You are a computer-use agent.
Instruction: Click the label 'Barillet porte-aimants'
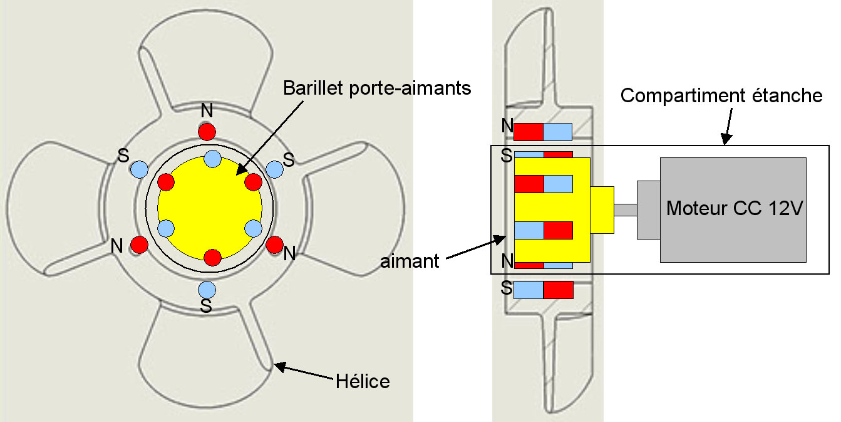tap(376, 88)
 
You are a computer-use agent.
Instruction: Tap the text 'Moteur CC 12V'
tap(733, 208)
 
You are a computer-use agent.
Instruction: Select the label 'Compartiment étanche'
tap(721, 96)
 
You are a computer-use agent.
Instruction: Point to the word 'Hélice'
tap(363, 381)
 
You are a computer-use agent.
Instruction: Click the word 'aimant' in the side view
tap(410, 261)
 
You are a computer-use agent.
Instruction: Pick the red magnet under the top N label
tap(207, 132)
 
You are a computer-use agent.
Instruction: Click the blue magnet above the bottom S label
tap(207, 290)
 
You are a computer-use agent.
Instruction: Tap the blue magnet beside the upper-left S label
tap(139, 169)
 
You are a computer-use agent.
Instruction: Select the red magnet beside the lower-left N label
tap(139, 244)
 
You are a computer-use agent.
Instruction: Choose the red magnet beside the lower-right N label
tap(274, 244)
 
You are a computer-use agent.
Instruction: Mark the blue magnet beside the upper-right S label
tap(274, 169)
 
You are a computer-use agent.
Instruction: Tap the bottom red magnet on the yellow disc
tap(213, 257)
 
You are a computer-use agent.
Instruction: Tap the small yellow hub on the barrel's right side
tap(602, 210)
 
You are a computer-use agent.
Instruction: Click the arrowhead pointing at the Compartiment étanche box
tap(726, 140)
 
